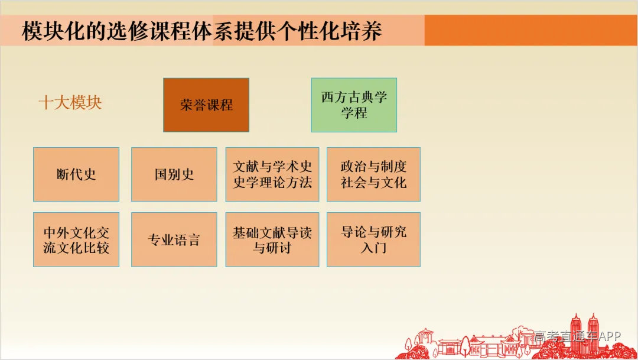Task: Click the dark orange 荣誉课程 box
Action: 206,105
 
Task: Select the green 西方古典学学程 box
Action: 354,105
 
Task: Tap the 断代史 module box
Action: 76,174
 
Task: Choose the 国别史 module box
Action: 174,174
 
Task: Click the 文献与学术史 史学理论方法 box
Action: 272,174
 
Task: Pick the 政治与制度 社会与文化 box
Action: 373,174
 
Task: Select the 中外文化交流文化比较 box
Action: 76,239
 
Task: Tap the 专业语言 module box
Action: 174,239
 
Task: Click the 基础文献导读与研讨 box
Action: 272,239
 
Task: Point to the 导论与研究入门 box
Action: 373,239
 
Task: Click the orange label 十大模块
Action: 70,103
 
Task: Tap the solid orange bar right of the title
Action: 530,31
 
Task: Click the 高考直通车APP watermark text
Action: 578,336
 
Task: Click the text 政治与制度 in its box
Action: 373,167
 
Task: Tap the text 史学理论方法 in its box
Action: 272,183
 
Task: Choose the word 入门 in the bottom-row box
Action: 373,248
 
